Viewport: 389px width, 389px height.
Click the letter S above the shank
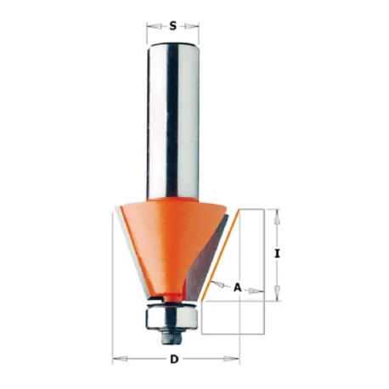pyautogui.click(x=172, y=26)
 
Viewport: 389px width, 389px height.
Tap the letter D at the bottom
pyautogui.click(x=174, y=359)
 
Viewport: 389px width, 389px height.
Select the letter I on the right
pyautogui.click(x=277, y=254)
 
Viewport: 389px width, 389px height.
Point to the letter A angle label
pyautogui.click(x=238, y=288)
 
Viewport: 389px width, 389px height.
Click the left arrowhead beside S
pyautogui.click(x=153, y=26)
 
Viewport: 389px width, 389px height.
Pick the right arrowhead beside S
pyautogui.click(x=192, y=26)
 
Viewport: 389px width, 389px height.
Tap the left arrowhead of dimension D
pyautogui.click(x=119, y=359)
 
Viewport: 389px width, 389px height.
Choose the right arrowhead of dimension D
pyautogui.click(x=232, y=359)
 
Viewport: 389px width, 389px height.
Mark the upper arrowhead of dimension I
pyautogui.click(x=277, y=217)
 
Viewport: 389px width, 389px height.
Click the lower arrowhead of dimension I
pyautogui.click(x=277, y=293)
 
